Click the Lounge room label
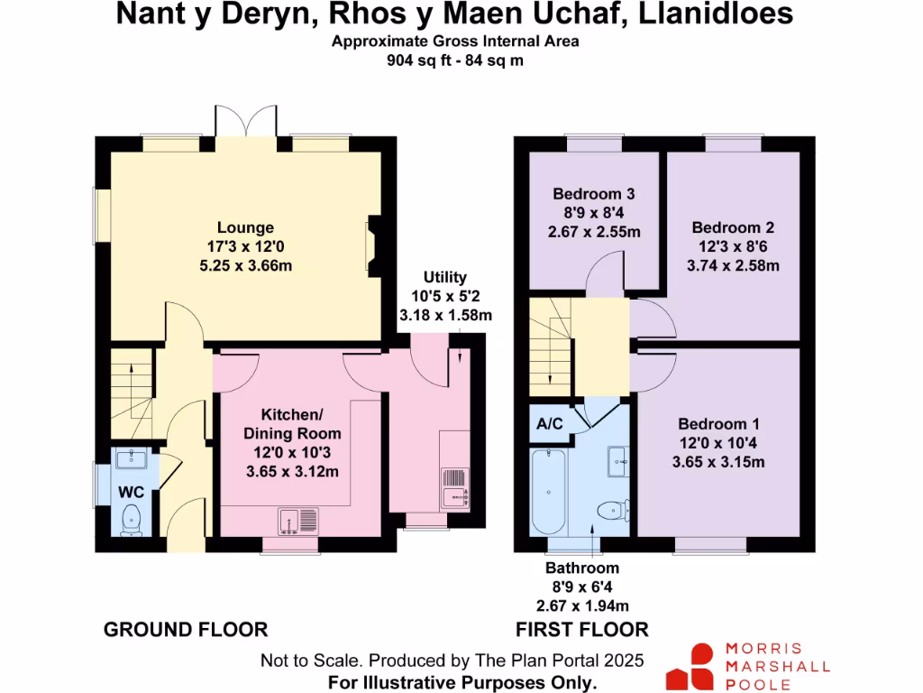245,227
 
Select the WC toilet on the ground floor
132,519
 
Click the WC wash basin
132,459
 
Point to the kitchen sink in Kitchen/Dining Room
298,520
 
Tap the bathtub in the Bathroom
549,492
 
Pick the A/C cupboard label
549,423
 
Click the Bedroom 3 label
594,194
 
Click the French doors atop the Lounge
245,122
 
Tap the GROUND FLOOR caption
186,629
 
